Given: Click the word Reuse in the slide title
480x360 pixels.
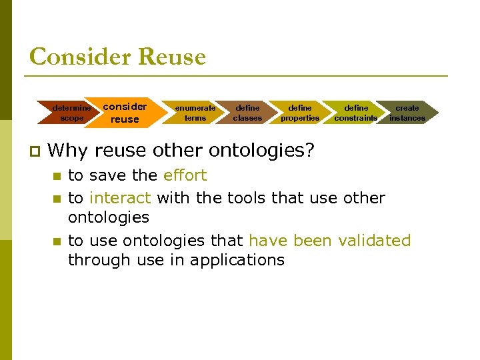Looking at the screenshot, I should pos(171,57).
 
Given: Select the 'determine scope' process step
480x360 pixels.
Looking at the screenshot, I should pos(72,113).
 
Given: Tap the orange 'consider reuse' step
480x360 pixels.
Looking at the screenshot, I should pos(125,113).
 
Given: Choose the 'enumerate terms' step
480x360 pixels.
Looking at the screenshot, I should pos(195,113).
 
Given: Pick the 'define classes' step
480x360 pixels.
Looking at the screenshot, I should pos(247,113).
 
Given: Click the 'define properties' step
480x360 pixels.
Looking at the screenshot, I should pos(299,113).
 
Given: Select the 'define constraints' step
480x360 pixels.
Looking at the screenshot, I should pos(355,113).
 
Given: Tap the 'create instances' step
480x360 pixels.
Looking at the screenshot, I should pos(407,113).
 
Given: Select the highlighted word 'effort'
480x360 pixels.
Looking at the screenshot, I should pos(185,175).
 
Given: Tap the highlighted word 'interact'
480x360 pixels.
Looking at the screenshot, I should pos(121,198).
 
